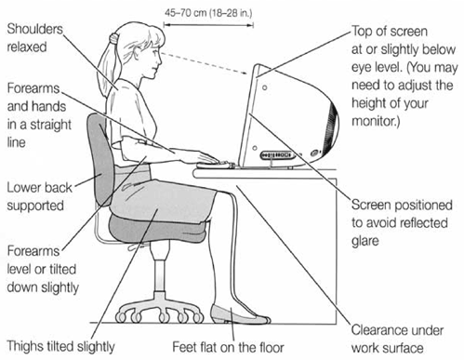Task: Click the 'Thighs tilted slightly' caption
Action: [x=60, y=347]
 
